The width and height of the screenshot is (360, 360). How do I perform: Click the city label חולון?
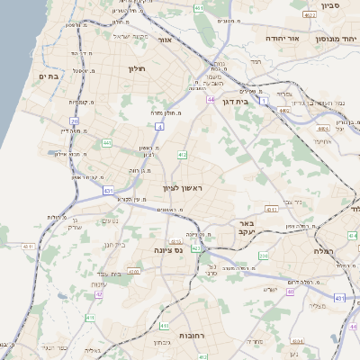(x=137, y=68)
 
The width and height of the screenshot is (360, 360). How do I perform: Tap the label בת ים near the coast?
(x=48, y=77)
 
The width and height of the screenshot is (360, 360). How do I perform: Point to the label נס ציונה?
(x=168, y=249)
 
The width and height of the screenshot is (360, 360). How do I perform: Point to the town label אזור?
(x=165, y=40)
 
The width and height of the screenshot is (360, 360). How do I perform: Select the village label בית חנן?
(x=114, y=244)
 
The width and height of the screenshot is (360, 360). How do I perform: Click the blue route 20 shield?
(x=74, y=120)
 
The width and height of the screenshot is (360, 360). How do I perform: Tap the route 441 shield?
(x=106, y=142)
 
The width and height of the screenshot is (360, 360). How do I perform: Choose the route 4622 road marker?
(x=310, y=15)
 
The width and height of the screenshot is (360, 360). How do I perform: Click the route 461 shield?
(x=199, y=8)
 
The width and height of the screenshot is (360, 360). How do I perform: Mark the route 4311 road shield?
(x=27, y=246)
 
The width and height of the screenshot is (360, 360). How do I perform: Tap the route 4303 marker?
(x=134, y=269)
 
